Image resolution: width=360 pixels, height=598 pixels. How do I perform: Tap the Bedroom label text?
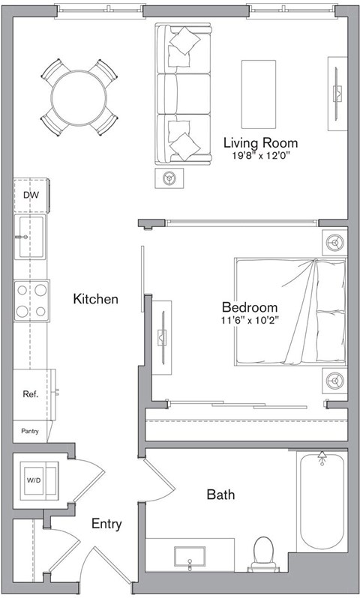[x=250, y=307]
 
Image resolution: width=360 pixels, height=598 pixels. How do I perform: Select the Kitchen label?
[x=95, y=299]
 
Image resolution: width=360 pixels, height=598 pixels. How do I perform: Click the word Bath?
[x=220, y=495]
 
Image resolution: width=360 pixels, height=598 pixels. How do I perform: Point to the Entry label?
[x=106, y=525]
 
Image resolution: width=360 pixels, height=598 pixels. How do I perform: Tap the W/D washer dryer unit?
[x=35, y=479]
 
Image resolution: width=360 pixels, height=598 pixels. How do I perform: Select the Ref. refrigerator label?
[x=31, y=393]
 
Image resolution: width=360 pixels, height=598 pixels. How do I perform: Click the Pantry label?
[x=29, y=431]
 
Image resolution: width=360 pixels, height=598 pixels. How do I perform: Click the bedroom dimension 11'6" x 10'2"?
[x=250, y=321]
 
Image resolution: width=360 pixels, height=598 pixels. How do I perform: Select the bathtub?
[x=322, y=502]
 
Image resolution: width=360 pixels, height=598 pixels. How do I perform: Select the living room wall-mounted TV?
[x=337, y=93]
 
